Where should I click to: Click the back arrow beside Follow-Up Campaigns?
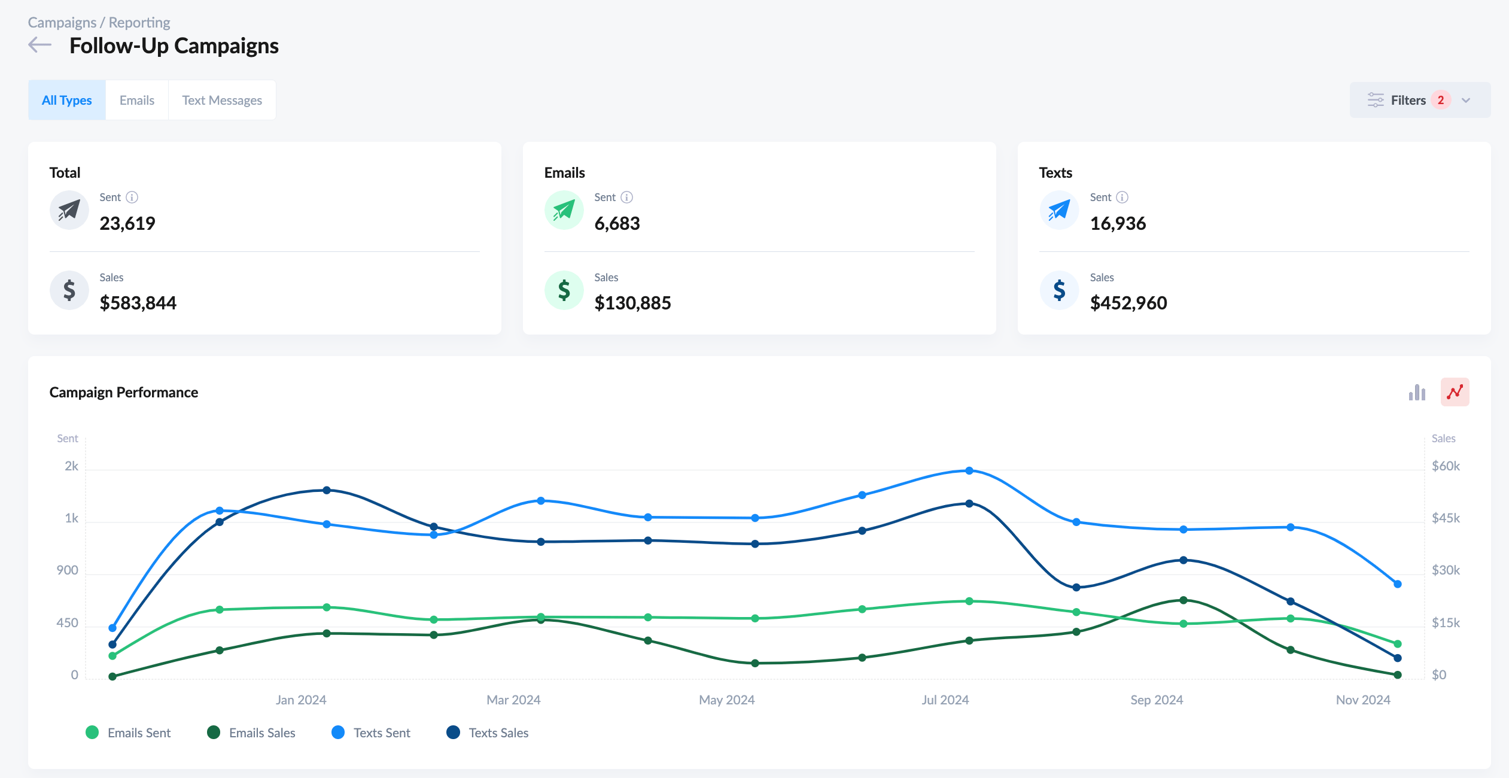tap(39, 45)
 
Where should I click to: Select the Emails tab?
tap(136, 100)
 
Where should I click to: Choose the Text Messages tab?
tap(222, 100)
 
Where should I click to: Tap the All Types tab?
tap(66, 100)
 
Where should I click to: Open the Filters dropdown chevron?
tap(1466, 100)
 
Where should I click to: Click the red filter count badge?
tap(1441, 100)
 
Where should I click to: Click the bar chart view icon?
tap(1417, 393)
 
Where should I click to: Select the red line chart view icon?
tap(1455, 393)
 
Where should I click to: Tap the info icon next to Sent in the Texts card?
tap(1122, 197)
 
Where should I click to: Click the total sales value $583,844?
tap(138, 303)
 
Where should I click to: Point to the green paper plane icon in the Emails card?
tap(564, 210)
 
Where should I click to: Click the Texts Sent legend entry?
tap(371, 733)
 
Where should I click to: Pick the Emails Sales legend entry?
tap(251, 733)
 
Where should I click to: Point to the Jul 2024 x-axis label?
tap(945, 700)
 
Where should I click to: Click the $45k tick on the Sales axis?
tap(1446, 518)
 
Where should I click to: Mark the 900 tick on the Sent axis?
tap(68, 570)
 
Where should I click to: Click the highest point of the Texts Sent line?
tap(969, 471)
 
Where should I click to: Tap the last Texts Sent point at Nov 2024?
tap(1398, 584)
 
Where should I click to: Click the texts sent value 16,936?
tap(1118, 223)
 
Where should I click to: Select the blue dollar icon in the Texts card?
tap(1059, 290)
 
